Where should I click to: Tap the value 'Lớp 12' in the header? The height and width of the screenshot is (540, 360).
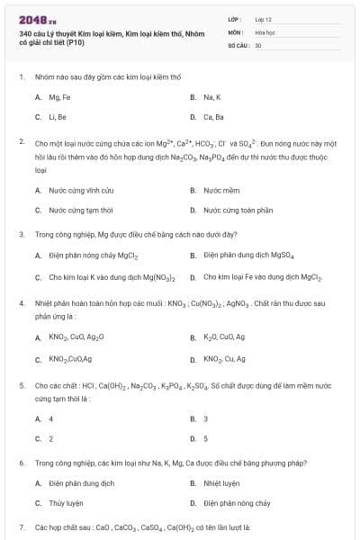[x=263, y=18]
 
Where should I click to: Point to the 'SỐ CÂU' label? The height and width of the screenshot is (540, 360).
[x=237, y=45]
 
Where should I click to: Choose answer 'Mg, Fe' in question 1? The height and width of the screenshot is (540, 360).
[x=59, y=96]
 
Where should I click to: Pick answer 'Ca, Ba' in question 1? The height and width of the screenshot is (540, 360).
[x=213, y=117]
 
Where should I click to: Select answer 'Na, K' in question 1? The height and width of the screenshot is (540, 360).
[x=212, y=96]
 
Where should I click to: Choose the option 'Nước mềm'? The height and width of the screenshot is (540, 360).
[x=221, y=191]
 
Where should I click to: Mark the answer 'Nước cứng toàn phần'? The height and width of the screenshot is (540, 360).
[x=238, y=211]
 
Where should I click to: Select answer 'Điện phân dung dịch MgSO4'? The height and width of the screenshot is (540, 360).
[x=248, y=256]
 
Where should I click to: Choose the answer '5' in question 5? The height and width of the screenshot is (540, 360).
[x=206, y=439]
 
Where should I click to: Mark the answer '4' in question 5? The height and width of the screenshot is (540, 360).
[x=51, y=419]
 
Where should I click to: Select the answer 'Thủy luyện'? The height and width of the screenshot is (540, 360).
[x=66, y=504]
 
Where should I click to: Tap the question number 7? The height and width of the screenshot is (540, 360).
[x=21, y=526]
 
